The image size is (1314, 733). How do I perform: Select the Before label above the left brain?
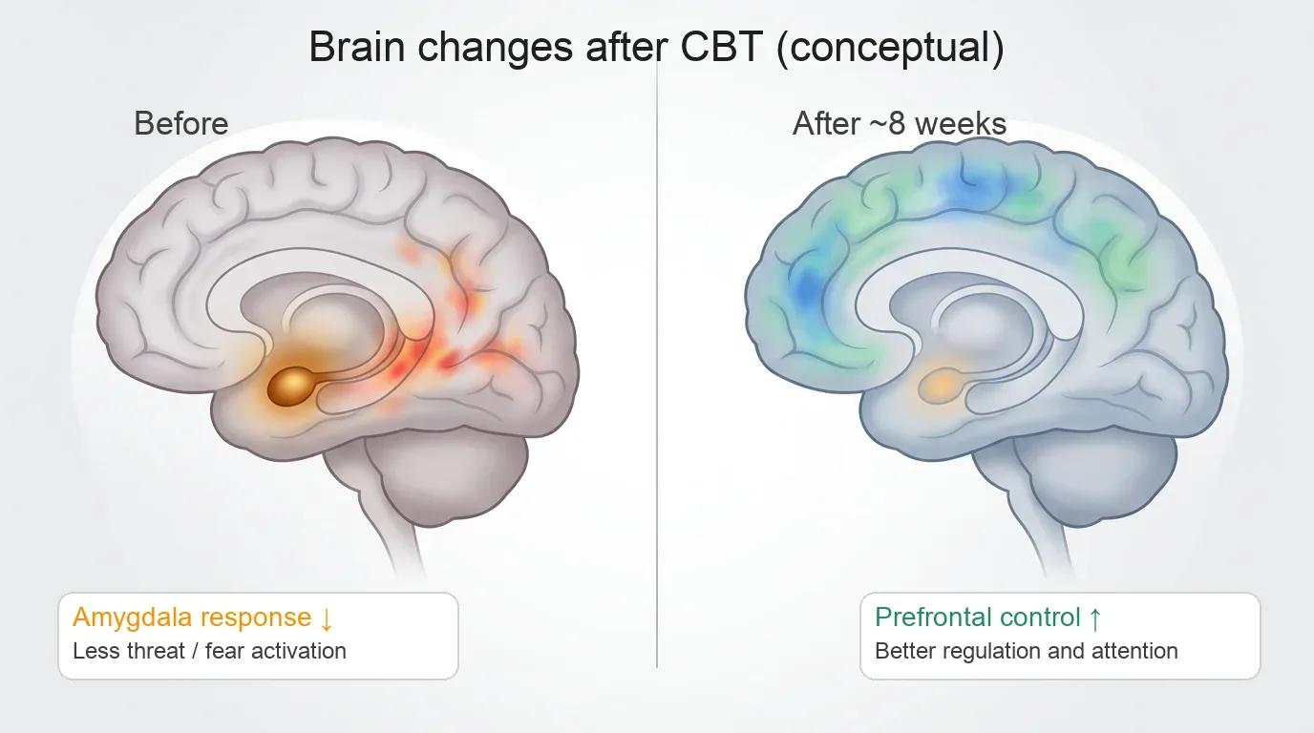point(181,123)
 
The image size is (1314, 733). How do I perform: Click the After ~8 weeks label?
point(900,123)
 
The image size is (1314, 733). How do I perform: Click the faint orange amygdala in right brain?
point(942,386)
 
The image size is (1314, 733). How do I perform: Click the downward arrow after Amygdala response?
point(327,618)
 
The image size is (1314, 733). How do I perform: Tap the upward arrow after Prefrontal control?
point(1094,618)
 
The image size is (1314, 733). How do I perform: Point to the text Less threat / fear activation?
point(209,651)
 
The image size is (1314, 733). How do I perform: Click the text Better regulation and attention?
point(1026,651)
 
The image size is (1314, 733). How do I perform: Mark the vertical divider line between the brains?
point(657,382)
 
